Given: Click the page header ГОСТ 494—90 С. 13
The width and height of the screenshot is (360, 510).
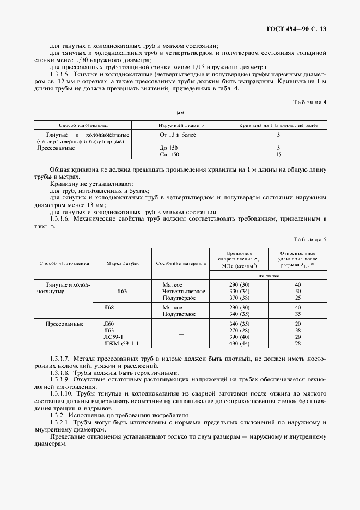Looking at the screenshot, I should click(300, 28).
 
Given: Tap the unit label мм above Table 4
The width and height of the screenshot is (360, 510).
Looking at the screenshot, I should click(180, 113).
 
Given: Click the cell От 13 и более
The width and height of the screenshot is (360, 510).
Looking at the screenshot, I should click(178, 135).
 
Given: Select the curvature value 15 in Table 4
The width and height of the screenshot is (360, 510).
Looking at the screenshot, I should click(278, 155).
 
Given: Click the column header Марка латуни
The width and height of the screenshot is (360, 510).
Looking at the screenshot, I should click(122, 263).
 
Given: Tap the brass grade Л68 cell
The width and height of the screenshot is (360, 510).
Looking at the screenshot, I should click(109, 307).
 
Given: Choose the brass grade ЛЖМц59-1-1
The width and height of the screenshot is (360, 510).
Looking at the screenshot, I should click(121, 344).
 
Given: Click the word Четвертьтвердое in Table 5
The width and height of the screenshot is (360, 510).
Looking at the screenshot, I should click(184, 292).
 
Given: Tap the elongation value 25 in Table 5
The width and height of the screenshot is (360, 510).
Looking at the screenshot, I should click(297, 298).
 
